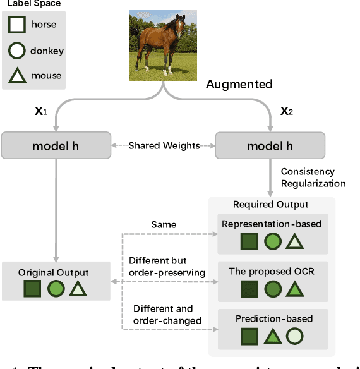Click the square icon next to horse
click(16, 25)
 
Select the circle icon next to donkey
click(16, 51)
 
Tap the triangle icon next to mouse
click(16, 76)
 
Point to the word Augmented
click(239, 84)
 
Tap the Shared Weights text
click(164, 146)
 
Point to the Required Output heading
click(271, 204)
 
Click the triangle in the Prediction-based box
click(272, 337)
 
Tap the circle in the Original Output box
click(56, 289)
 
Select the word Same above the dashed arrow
click(164, 224)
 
